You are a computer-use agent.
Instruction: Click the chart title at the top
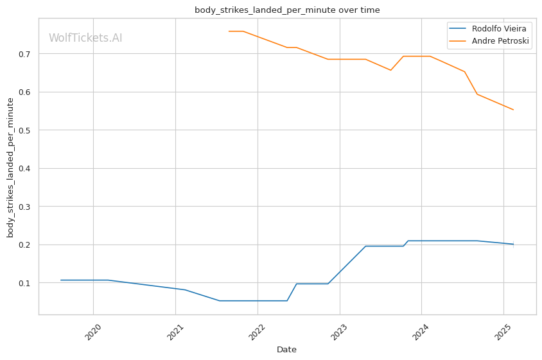point(287,10)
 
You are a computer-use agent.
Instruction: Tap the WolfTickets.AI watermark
point(85,39)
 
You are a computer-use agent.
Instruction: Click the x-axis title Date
point(286,350)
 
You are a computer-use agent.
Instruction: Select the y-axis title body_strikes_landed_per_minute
point(11,167)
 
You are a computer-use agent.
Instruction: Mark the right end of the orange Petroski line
point(513,110)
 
